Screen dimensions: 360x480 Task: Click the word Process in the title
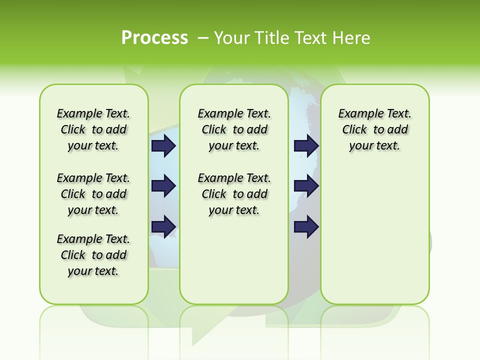tap(154, 37)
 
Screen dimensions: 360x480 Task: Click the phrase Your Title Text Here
tap(292, 37)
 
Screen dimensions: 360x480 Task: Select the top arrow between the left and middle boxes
tap(163, 145)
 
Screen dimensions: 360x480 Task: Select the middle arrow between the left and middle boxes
tap(163, 186)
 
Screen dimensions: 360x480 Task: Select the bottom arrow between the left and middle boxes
tap(163, 226)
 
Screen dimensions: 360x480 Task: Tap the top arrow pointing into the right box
tap(306, 145)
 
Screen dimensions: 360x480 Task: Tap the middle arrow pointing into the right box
tap(306, 186)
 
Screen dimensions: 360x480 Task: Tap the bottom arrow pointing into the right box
tap(306, 226)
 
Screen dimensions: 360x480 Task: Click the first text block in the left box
tap(93, 129)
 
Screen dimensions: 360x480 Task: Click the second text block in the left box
tap(93, 194)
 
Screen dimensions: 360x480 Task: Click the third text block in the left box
tap(93, 255)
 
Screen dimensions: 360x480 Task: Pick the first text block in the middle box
tap(234, 129)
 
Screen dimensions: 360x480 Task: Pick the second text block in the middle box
tap(234, 194)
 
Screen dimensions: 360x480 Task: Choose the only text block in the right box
tap(374, 129)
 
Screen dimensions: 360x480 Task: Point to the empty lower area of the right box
tap(374, 240)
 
